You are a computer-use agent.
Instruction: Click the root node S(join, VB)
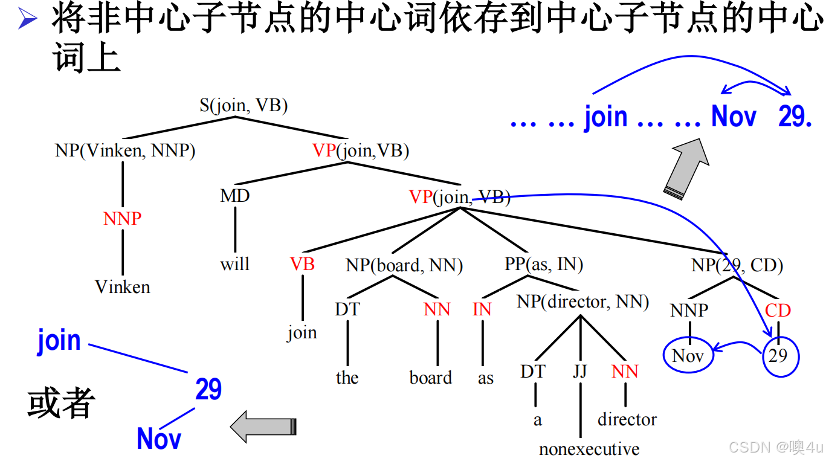point(244,106)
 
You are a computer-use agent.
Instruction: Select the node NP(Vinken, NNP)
point(125,150)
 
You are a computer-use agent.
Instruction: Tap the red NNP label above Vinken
point(123,218)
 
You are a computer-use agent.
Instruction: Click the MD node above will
point(234,196)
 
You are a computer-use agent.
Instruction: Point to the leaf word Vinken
point(123,286)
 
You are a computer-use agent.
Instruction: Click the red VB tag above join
point(302,264)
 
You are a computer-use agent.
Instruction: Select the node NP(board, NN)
point(404,265)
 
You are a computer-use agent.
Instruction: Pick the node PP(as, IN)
point(544,264)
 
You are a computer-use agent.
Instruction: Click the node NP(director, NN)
point(582,301)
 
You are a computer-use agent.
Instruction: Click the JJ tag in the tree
point(580,370)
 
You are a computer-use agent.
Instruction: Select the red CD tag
point(778,311)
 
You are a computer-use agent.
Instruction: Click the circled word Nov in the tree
point(688,355)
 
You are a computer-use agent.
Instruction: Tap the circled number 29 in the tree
point(778,355)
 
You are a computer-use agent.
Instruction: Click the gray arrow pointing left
point(263,426)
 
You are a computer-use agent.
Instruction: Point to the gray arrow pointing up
point(687,169)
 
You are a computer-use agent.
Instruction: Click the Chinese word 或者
point(62,403)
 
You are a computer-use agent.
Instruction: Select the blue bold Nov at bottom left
point(159,438)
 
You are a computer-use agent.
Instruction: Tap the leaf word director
point(627,419)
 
